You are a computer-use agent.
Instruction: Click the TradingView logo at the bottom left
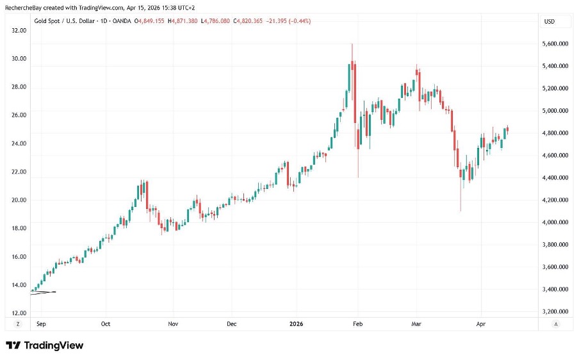[45, 345]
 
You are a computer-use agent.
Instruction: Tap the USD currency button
[548, 21]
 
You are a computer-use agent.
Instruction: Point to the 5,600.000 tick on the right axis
[555, 44]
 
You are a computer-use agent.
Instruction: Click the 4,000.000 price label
[555, 222]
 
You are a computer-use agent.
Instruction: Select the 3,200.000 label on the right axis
[555, 312]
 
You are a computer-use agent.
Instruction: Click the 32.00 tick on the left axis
[19, 29]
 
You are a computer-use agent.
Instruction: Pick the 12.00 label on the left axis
[19, 313]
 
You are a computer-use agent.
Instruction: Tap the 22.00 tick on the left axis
[19, 172]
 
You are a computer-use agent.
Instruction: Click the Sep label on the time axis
[42, 324]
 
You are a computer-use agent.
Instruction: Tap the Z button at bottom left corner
[18, 324]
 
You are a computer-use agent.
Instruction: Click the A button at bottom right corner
[555, 324]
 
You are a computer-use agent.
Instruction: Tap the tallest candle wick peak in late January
[352, 44]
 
